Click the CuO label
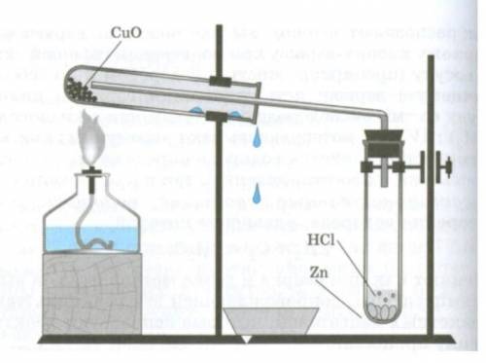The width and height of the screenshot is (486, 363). pos(126,33)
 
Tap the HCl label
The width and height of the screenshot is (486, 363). pos(321,239)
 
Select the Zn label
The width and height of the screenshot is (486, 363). pos(319,272)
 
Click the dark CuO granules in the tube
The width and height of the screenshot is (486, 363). pos(80,90)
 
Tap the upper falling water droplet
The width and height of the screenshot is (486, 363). pos(257,137)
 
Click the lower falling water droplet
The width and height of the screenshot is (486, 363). pos(257,194)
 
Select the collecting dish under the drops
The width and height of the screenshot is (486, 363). pos(271,321)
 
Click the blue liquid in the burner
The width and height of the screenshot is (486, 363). pos(90,238)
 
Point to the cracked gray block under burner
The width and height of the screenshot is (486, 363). pos(92,294)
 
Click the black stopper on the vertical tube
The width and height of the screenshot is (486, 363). pos(384,143)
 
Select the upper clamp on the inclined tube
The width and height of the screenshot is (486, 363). pos(220,81)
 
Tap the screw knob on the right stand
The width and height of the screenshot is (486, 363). pos(444,166)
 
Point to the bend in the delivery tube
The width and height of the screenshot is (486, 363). pos(383,115)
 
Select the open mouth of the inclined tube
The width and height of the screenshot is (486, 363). pos(256,103)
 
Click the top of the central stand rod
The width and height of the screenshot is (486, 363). pos(220,26)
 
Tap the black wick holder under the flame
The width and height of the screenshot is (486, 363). pos(92,179)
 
